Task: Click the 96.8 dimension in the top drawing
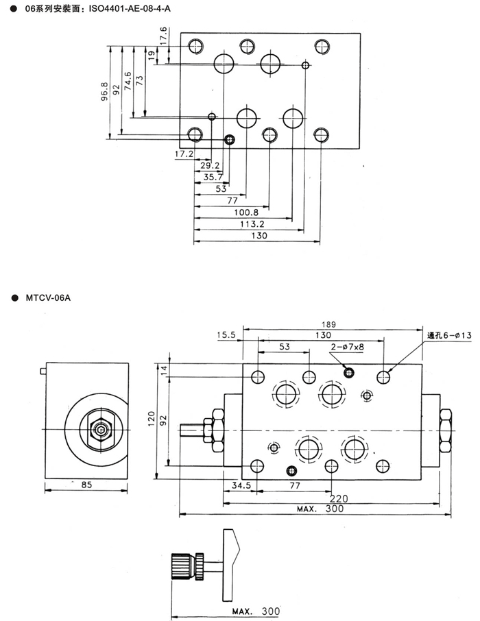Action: pyautogui.click(x=104, y=91)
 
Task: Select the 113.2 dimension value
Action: pyautogui.click(x=252, y=224)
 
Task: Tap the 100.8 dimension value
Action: pyautogui.click(x=246, y=212)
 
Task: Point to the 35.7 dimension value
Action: pyautogui.click(x=213, y=177)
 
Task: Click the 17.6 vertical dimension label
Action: pyautogui.click(x=163, y=36)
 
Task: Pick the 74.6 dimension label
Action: pyautogui.click(x=128, y=81)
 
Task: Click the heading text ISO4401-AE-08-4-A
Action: pyautogui.click(x=130, y=8)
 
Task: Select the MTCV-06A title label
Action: pyautogui.click(x=48, y=298)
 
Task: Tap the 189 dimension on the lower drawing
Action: pyautogui.click(x=328, y=324)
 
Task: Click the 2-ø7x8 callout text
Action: pyautogui.click(x=347, y=347)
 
